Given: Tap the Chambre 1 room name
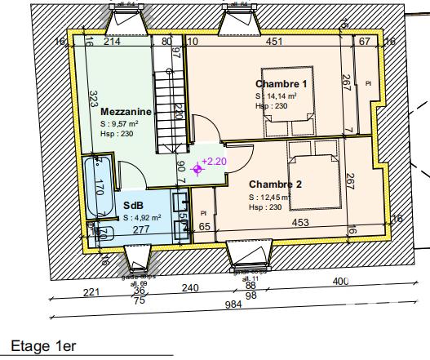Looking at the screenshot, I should (281, 84).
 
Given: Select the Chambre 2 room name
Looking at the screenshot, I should (276, 184).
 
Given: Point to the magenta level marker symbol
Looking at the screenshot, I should (196, 169).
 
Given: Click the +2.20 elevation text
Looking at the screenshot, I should (214, 161).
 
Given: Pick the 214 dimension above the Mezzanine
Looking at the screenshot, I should (113, 41).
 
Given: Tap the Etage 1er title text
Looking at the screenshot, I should (43, 347).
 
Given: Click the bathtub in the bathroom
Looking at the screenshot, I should (99, 188).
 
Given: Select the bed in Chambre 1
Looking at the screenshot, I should (285, 104).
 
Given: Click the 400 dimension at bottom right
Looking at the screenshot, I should (340, 282).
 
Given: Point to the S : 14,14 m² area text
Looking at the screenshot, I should (276, 96).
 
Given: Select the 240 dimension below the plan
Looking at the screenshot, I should (190, 287).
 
